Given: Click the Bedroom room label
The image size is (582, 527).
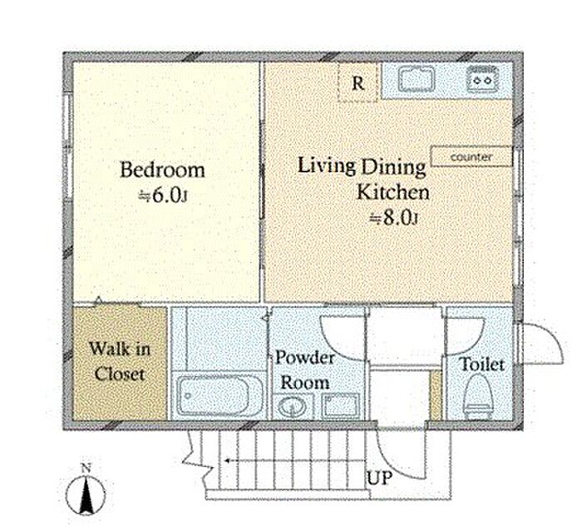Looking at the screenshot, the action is click(163, 170).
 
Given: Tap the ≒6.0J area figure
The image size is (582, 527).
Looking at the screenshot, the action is click(162, 196).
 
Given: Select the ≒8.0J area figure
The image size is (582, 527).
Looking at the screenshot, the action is click(394, 218).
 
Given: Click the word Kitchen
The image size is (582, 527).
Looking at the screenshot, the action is click(392, 192).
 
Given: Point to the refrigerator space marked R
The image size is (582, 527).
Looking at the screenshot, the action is click(358, 82).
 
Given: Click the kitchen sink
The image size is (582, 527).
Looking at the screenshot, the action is click(417, 79).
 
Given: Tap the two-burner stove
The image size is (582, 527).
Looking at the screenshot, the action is click(482, 78).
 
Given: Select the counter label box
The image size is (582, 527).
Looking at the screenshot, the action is click(471, 157).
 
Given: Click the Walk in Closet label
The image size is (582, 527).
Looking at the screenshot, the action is click(120, 361).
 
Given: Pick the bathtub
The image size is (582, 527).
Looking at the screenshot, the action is click(219, 395).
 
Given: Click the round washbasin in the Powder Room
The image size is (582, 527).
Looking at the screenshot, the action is click(292, 407).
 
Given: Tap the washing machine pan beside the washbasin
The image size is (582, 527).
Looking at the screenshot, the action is click(341, 405).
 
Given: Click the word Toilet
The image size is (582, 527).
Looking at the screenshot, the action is click(481, 364).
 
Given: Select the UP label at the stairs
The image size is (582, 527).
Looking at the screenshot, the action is click(379, 478).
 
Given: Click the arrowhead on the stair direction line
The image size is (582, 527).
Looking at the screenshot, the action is click(226, 461).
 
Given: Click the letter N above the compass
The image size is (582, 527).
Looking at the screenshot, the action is click(86, 468).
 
